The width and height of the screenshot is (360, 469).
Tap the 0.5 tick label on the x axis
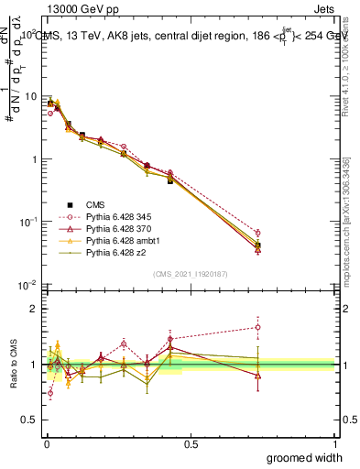[x=191, y=443]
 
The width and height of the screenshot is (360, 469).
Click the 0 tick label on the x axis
[x=46, y=443]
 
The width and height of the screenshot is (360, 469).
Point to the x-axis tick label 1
[x=334, y=443]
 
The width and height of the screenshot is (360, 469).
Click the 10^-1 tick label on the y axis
[x=27, y=222]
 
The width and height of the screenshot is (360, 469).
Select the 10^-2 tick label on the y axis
[x=27, y=285]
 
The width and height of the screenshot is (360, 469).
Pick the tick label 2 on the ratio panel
[x=35, y=309]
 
